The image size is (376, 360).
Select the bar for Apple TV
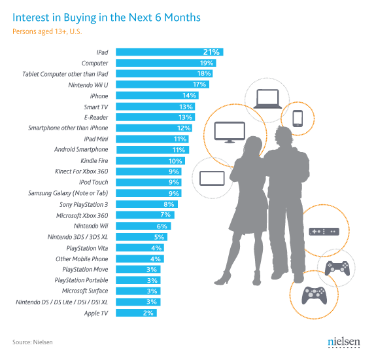[x=137, y=313]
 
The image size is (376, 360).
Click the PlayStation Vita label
[x=88, y=247]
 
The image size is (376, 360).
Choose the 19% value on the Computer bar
[x=207, y=63]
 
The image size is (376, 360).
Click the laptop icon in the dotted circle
[x=266, y=98]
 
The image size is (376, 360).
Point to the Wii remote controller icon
[x=324, y=232]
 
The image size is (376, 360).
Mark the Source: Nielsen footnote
[x=33, y=342]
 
